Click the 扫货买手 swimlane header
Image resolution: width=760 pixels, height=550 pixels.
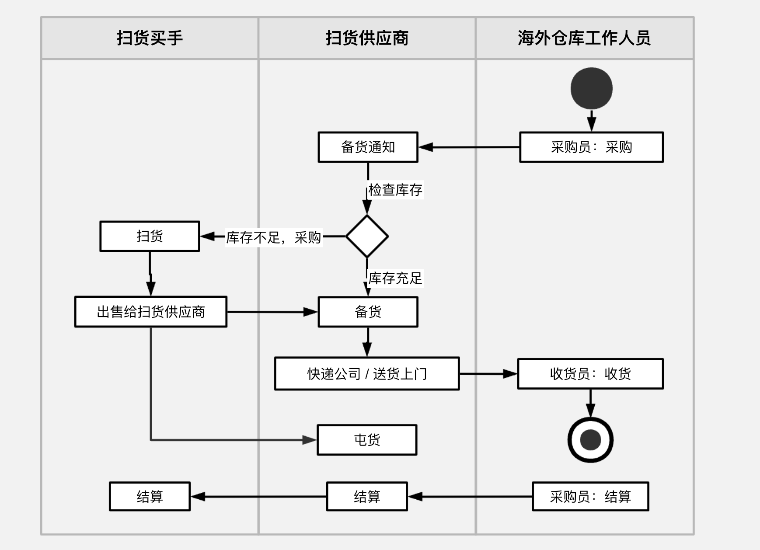click(150, 38)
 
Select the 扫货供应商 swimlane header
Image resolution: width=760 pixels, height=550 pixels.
click(367, 38)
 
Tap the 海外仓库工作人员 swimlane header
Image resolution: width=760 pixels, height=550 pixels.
click(584, 38)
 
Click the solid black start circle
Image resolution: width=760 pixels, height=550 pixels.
click(591, 88)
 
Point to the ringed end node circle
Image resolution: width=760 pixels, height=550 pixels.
click(590, 440)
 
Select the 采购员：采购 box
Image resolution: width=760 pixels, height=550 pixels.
click(591, 147)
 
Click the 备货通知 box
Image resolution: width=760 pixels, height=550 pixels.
click(368, 147)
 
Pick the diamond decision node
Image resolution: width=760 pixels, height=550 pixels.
click(367, 236)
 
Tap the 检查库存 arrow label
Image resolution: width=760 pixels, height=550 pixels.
click(395, 190)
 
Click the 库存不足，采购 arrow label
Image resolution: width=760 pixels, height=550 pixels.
click(274, 237)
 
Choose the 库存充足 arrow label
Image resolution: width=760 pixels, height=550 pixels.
click(395, 278)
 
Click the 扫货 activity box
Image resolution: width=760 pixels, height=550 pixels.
click(150, 236)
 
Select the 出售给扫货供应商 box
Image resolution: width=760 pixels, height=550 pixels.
click(151, 312)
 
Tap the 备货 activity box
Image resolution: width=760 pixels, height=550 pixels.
click(368, 312)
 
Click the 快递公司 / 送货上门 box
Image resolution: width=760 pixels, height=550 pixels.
click(367, 374)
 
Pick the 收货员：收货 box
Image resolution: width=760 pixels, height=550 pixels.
click(590, 374)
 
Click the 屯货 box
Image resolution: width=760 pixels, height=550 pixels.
click(367, 440)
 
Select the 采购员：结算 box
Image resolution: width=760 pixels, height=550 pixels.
click(590, 497)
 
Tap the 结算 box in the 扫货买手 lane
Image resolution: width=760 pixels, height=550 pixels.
click(150, 497)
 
